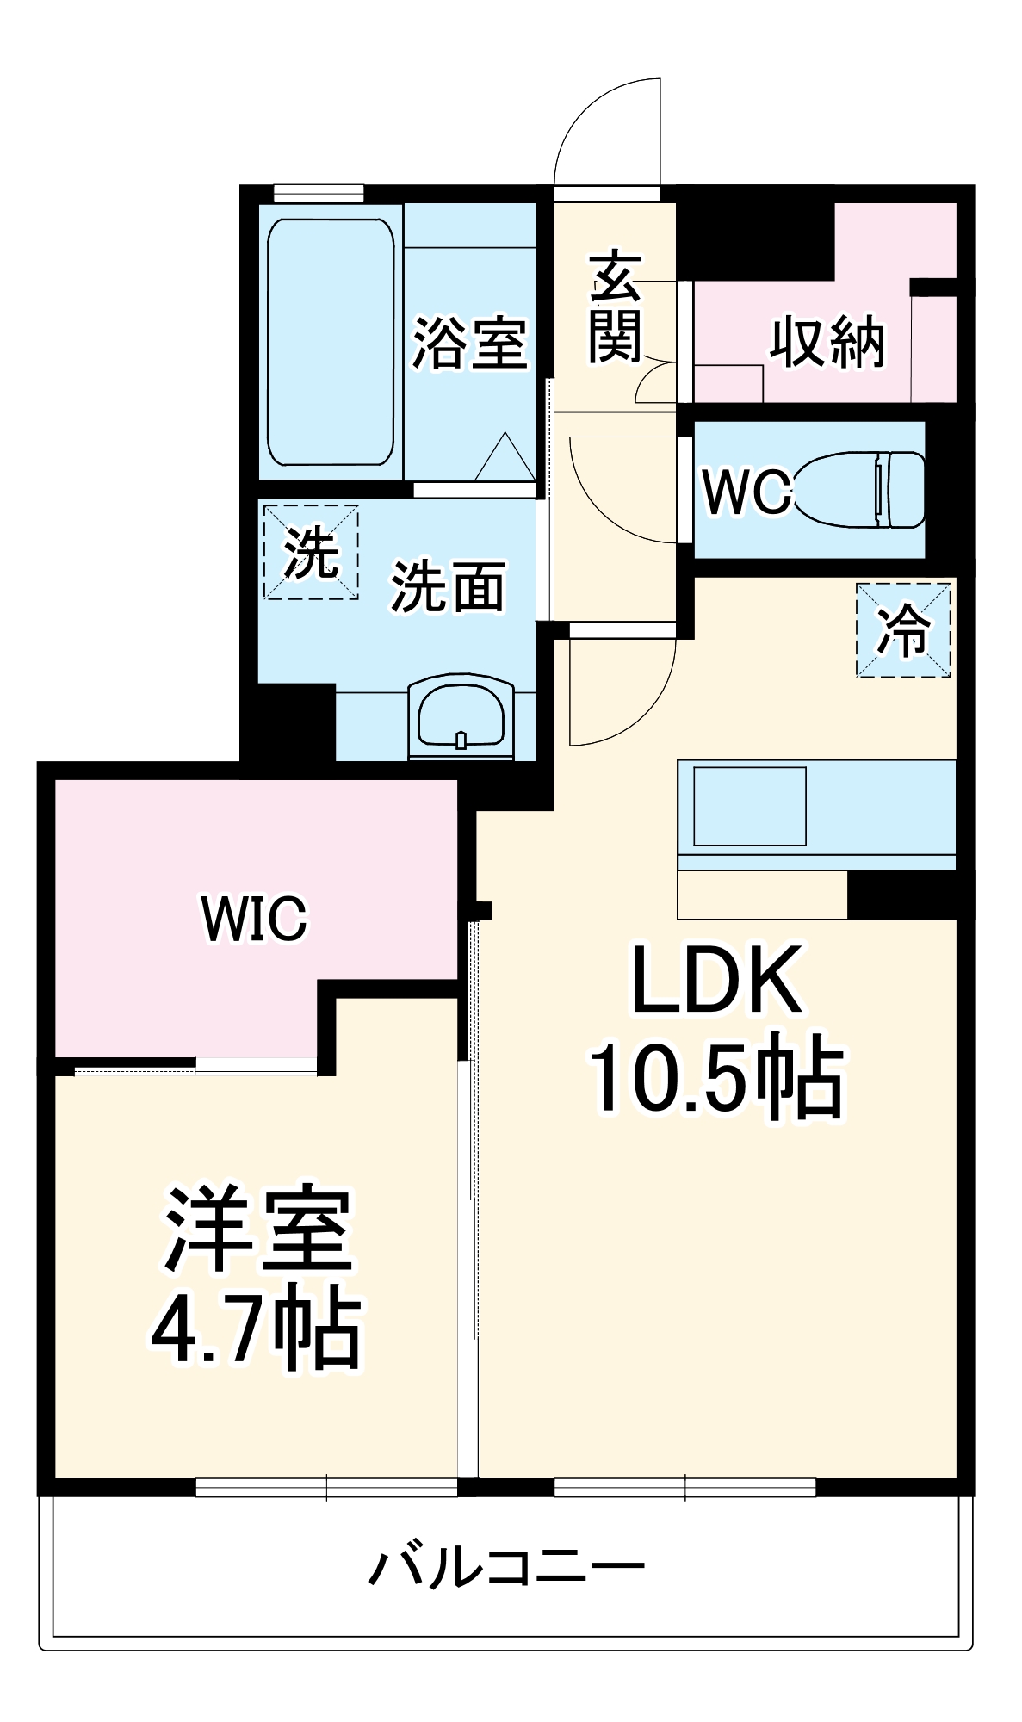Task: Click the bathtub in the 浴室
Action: pyautogui.click(x=331, y=343)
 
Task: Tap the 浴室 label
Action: pyautogui.click(x=469, y=344)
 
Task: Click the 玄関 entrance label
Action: pyautogui.click(x=615, y=307)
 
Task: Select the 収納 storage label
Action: pyautogui.click(x=827, y=342)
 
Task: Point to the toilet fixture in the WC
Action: pyautogui.click(x=861, y=490)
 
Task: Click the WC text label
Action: pyautogui.click(x=746, y=492)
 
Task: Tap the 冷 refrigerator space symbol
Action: pyautogui.click(x=903, y=630)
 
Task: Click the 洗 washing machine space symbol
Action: pyautogui.click(x=310, y=553)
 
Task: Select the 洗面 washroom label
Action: pyautogui.click(x=448, y=587)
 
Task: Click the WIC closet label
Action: pyautogui.click(x=254, y=919)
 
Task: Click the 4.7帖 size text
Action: pyautogui.click(x=256, y=1328)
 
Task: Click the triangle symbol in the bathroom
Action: pyautogui.click(x=505, y=459)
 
